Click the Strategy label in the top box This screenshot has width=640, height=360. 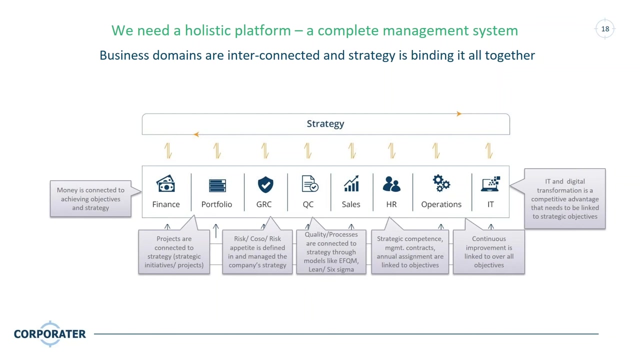[x=325, y=123]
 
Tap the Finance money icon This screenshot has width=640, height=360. [x=165, y=183]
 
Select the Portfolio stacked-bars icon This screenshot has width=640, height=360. [x=217, y=185]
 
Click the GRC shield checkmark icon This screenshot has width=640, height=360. [x=265, y=184]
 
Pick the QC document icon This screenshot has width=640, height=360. [x=310, y=183]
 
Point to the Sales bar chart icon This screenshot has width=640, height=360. [x=351, y=183]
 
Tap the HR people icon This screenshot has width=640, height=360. [x=391, y=183]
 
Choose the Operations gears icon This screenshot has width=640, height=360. [x=441, y=183]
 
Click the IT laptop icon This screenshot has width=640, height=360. [x=490, y=184]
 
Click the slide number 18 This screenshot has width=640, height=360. [x=605, y=29]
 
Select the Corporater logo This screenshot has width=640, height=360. [x=50, y=333]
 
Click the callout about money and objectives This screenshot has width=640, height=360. [x=90, y=199]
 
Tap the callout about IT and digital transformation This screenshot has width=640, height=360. [x=565, y=199]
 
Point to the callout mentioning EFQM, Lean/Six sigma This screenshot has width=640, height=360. [x=331, y=251]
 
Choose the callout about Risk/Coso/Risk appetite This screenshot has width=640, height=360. [x=257, y=251]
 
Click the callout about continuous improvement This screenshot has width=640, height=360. [x=489, y=251]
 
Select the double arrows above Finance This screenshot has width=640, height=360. [x=168, y=150]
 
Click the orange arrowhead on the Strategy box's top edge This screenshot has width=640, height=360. [x=459, y=113]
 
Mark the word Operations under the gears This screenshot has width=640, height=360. [x=441, y=204]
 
